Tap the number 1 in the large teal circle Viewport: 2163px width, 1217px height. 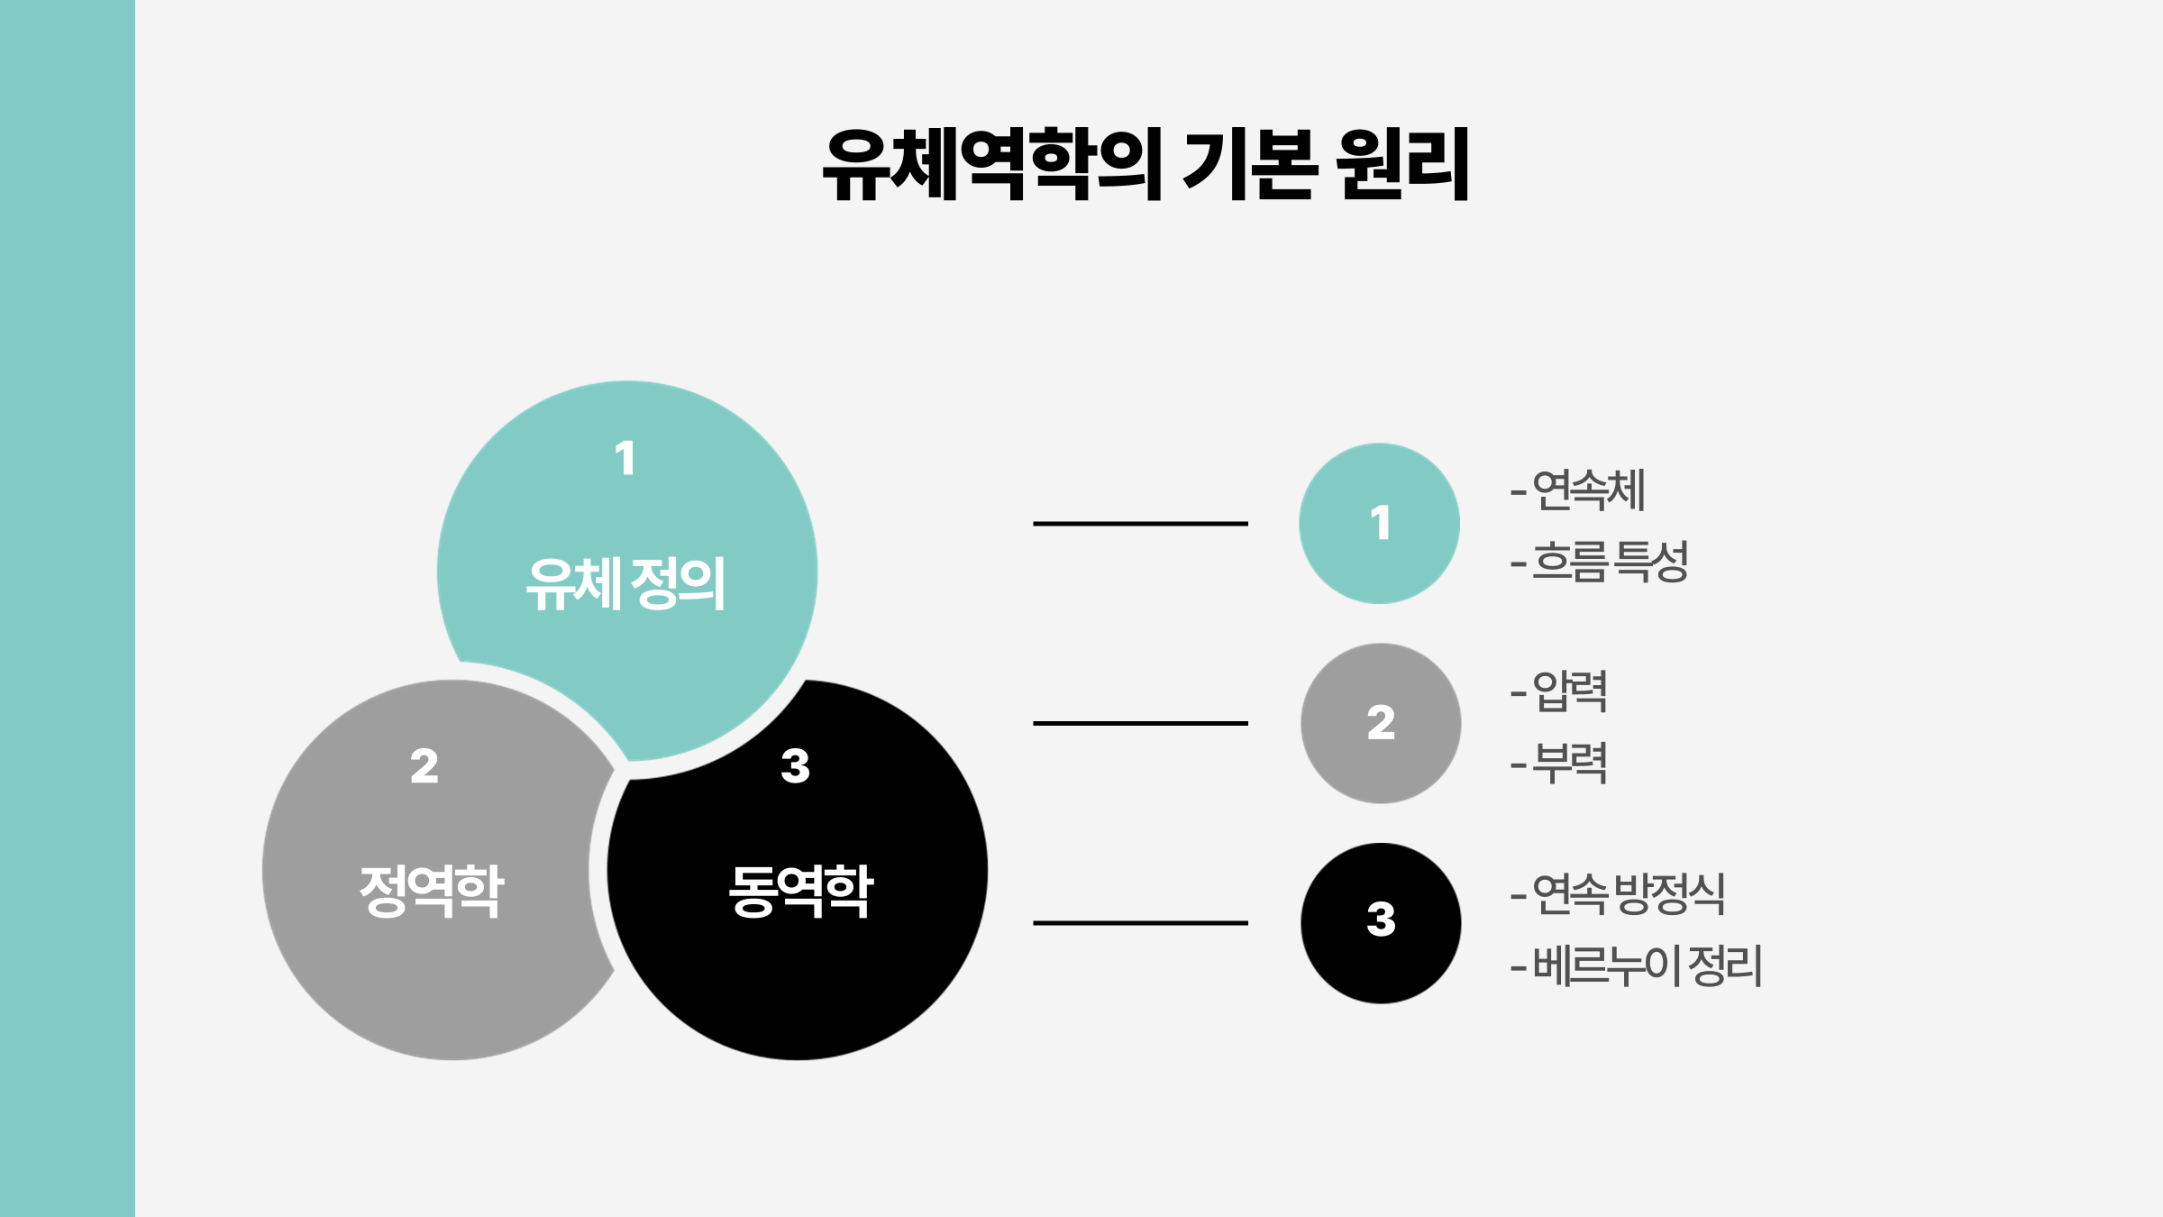coord(625,458)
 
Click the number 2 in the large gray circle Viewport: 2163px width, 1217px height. coord(424,766)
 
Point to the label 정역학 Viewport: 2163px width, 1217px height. coord(431,891)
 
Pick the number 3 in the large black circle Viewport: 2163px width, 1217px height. coord(795,766)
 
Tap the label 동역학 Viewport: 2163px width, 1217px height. coord(800,891)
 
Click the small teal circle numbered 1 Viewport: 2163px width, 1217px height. coord(1379,524)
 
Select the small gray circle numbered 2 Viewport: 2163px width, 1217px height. coord(1381,723)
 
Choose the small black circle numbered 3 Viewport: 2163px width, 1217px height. coord(1381,923)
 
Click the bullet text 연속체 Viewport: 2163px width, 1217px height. coord(1588,490)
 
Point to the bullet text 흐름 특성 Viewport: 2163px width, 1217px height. coord(1610,562)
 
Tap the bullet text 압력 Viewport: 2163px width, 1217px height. coord(1569,691)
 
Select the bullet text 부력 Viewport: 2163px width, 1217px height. coord(1569,764)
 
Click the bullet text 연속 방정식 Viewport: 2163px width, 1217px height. coord(1628,894)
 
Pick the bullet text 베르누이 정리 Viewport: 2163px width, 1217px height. coord(1647,965)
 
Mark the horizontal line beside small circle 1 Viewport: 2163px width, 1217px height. coord(1140,524)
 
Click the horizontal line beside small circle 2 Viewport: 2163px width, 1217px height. coord(1140,723)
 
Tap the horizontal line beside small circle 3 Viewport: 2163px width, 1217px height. coord(1140,923)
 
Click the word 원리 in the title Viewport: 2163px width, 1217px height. coord(1402,164)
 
